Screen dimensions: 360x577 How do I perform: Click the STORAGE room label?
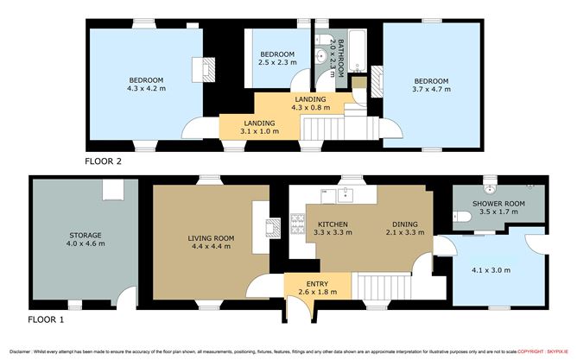pos(86,235)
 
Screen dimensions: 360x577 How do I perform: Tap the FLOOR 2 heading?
pos(104,161)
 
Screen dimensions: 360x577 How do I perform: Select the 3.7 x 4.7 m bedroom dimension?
pos(430,88)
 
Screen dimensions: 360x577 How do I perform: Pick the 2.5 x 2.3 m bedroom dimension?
pos(276,62)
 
